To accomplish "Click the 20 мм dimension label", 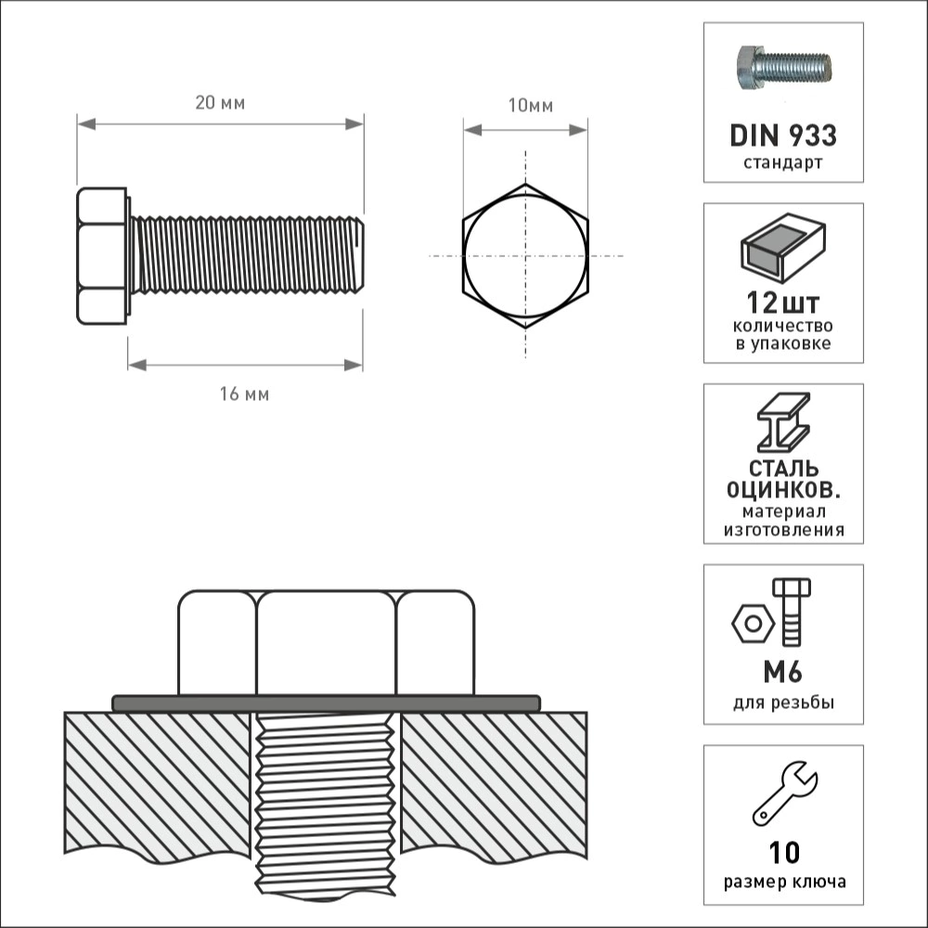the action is (x=220, y=103).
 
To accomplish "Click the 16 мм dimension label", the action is (x=244, y=394).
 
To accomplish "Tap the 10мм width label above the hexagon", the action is (x=530, y=106).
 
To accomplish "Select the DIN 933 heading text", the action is (x=783, y=135).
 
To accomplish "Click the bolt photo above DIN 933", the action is (x=783, y=68).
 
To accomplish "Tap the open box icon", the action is (x=783, y=248).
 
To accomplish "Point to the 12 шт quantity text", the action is (x=783, y=303).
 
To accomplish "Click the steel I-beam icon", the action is (x=783, y=423).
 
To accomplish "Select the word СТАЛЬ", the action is (x=783, y=469).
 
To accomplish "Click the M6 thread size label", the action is (x=782, y=672).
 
